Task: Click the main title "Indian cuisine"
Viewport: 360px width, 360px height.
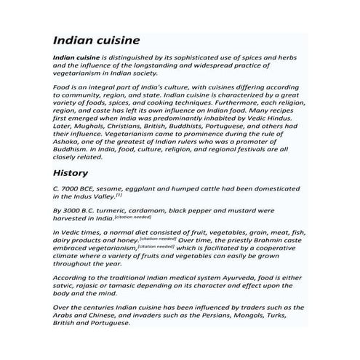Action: pyautogui.click(x=96, y=39)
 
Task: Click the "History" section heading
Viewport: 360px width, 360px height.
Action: pyautogui.click(x=71, y=173)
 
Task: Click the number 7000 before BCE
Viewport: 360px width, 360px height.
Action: pyautogui.click(x=75, y=188)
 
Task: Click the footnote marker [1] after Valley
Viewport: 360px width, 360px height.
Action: pyautogui.click(x=119, y=193)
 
